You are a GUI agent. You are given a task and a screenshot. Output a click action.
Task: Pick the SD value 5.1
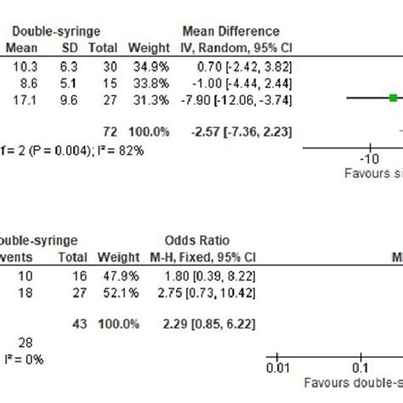66,82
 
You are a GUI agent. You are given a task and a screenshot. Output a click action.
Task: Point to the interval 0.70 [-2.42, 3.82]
232,65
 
